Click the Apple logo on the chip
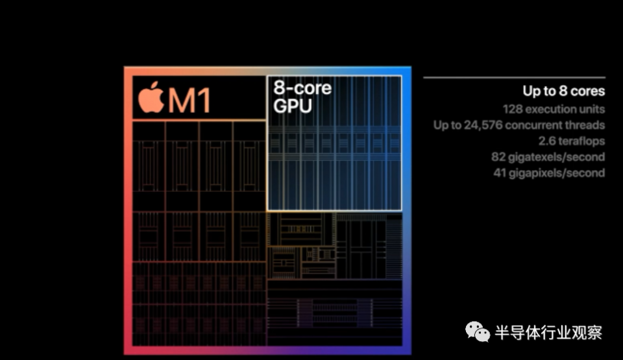(x=151, y=98)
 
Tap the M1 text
(x=189, y=101)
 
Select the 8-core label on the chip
(x=302, y=88)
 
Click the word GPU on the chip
(x=293, y=106)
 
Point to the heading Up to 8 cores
(x=564, y=91)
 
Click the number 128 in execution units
(x=511, y=109)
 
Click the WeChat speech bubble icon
(x=478, y=331)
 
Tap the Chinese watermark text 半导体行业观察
(x=548, y=333)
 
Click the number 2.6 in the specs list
(x=547, y=141)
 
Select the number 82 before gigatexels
(x=498, y=157)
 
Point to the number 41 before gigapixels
(x=500, y=173)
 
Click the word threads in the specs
(x=585, y=125)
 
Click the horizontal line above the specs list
(x=514, y=77)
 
